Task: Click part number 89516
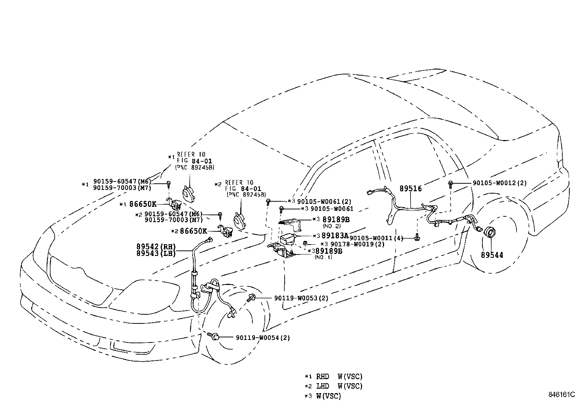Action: pos(410,189)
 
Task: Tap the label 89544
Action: pos(492,255)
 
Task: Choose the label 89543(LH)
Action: pos(156,253)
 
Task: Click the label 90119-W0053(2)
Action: pos(301,298)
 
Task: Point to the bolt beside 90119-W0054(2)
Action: pos(215,336)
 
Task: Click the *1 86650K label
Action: pos(143,204)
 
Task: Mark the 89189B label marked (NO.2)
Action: pos(336,219)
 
